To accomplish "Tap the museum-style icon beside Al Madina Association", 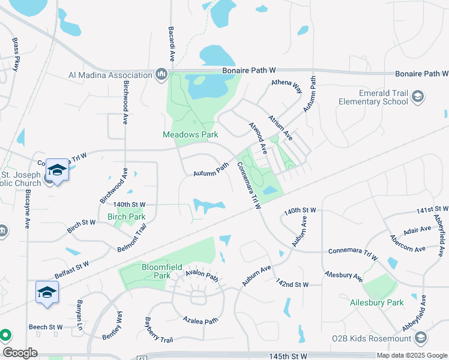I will pos(161,75).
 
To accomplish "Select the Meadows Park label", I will pos(190,134).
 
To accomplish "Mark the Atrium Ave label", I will pos(280,127).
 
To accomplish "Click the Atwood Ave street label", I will pos(258,136).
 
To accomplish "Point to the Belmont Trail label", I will pos(132,238).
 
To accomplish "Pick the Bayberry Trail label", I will pos(159,331).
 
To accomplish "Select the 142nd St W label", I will pos(292,283).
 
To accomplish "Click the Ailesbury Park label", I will pos(377,302).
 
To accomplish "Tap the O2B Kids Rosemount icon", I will pos(420,338).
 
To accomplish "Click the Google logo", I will pos(20,353).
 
